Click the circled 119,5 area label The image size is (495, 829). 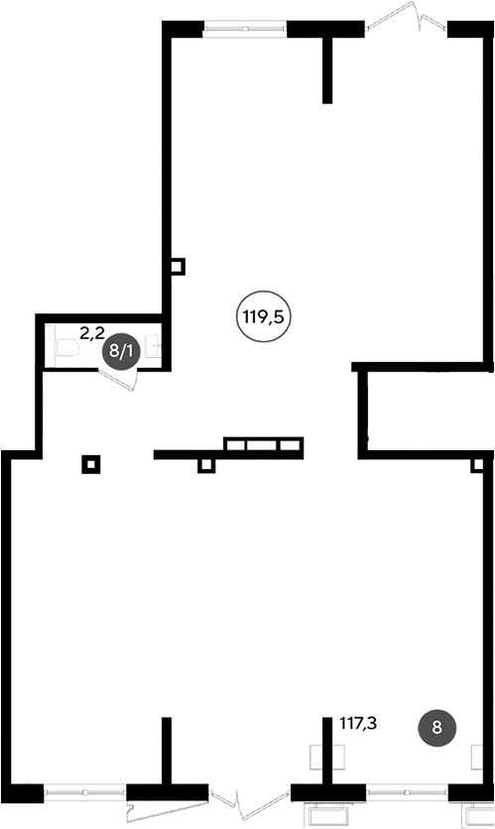(x=263, y=317)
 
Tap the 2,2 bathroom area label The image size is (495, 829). (x=92, y=332)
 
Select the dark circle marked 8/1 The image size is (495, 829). (x=121, y=351)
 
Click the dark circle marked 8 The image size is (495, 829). (x=436, y=728)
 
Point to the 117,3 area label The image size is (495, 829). (x=358, y=724)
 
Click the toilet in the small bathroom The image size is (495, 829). (x=66, y=348)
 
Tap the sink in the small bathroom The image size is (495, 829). (x=155, y=346)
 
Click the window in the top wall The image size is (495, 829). (x=245, y=29)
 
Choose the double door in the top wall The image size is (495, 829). (x=406, y=19)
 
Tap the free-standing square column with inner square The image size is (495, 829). (x=91, y=464)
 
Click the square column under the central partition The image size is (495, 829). (x=206, y=465)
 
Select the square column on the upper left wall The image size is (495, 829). (x=179, y=266)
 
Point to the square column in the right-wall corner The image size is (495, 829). (x=477, y=465)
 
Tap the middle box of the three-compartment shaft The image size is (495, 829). (x=262, y=443)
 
